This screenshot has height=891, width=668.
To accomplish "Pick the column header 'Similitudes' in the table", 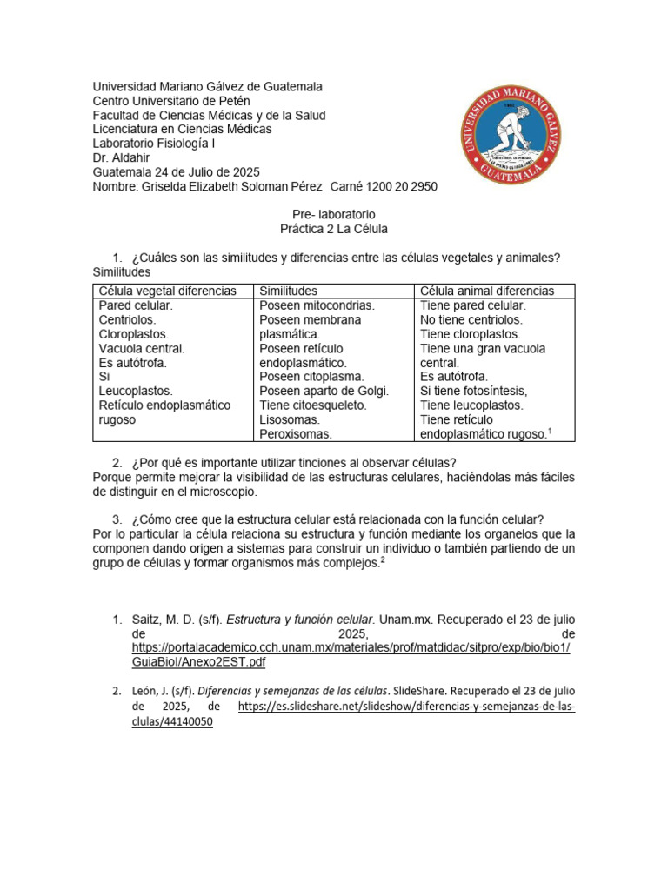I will (289, 291).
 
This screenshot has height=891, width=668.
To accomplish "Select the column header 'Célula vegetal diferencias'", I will (167, 291).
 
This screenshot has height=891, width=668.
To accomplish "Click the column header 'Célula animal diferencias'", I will (487, 291).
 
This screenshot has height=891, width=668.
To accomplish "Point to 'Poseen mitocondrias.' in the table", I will (317, 305).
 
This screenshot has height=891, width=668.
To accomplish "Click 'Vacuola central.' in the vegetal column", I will (142, 348).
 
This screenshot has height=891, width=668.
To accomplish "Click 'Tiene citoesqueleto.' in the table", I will (313, 405).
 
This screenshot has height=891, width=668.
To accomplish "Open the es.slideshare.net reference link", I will (406, 707).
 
